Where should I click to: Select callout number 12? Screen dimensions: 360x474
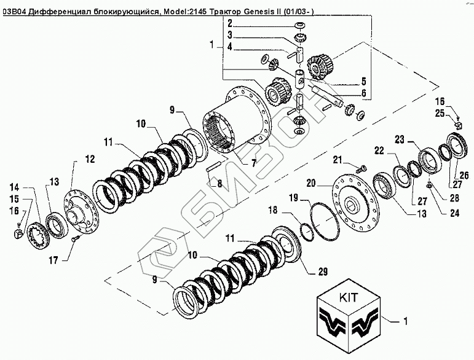pos(90,159)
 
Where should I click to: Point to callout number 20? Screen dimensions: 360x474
pos(311,182)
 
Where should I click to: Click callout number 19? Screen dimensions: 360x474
pos(294,197)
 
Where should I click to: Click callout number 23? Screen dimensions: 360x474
pos(399,140)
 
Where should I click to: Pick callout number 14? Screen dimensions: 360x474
pos(14,186)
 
